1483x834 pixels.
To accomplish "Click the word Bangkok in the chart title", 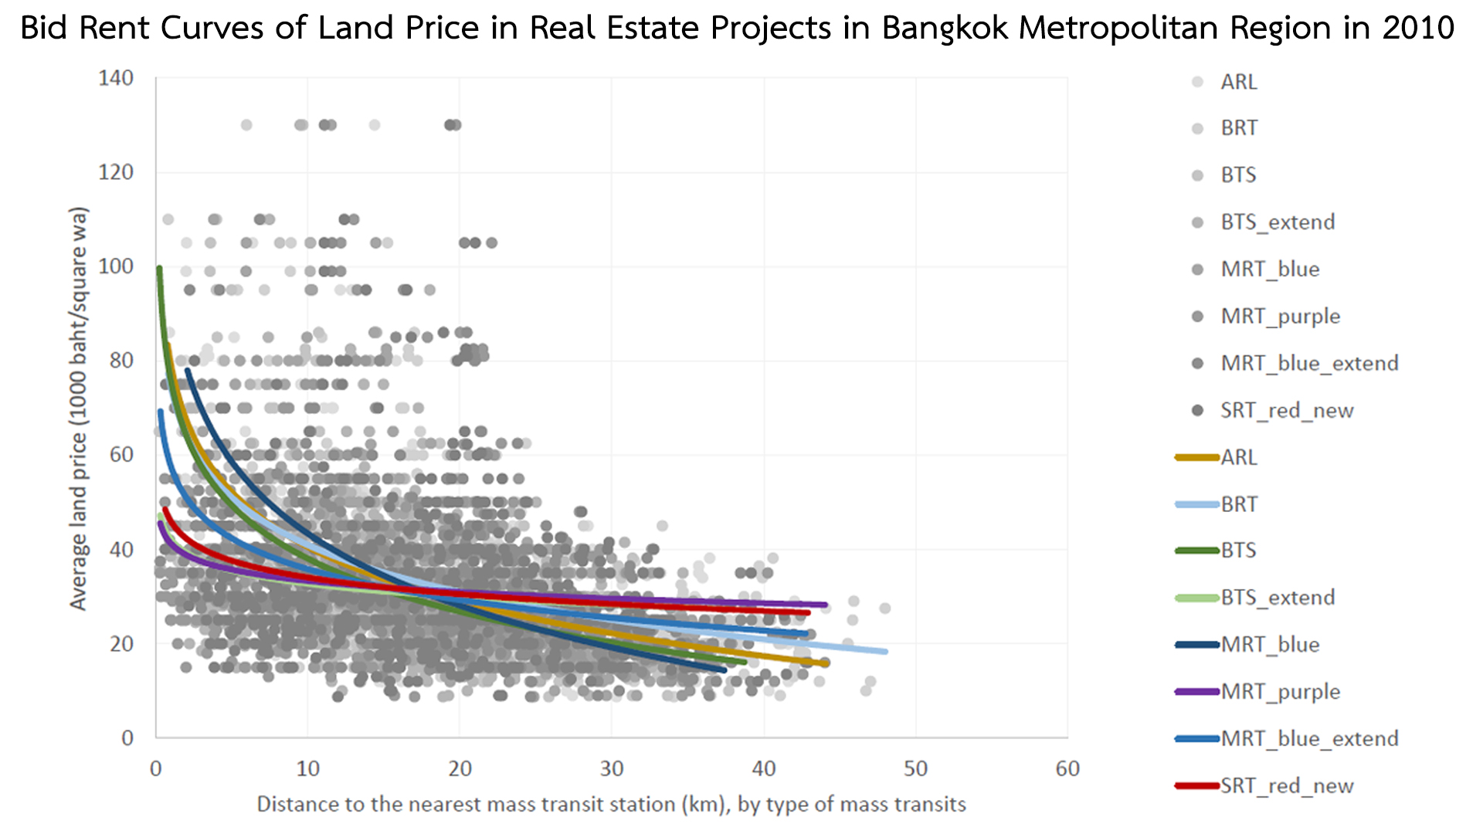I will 945,29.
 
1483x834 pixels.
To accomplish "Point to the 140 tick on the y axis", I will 116,78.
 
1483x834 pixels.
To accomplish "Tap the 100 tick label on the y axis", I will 116,266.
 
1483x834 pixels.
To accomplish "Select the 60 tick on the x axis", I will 1067,768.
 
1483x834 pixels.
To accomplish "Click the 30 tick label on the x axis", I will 612,768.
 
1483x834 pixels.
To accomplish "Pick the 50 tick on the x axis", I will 916,768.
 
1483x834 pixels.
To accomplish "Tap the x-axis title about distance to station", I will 611,805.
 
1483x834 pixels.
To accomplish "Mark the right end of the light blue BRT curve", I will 885,652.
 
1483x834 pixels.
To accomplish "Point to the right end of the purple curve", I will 825,605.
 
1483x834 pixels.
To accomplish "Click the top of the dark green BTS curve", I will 159,269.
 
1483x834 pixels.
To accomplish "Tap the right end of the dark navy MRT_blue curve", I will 724,670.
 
